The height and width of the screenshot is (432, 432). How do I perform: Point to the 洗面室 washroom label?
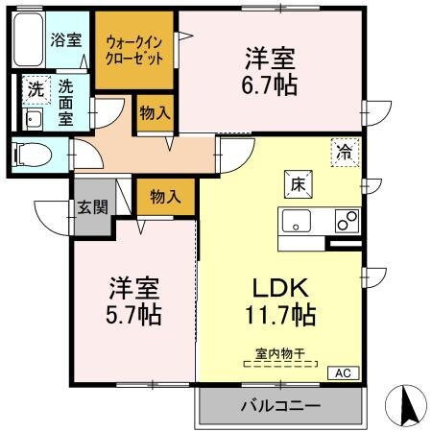point(65,100)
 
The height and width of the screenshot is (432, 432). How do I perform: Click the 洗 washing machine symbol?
point(35,88)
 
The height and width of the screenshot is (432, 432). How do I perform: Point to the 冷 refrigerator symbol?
point(344,151)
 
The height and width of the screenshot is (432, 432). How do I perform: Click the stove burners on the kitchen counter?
point(346,220)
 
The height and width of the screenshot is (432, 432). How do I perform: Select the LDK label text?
point(279,287)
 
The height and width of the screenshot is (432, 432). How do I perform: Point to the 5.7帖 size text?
point(133,314)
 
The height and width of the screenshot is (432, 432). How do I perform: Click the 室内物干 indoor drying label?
point(279,354)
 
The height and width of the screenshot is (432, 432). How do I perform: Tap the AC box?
point(343,372)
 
